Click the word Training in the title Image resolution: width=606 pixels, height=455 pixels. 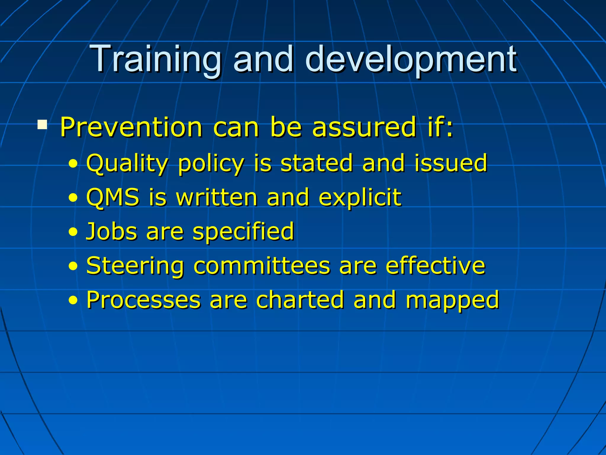tap(156, 59)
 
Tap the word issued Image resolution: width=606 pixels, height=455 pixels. tap(450, 163)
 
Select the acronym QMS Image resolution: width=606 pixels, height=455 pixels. tap(113, 197)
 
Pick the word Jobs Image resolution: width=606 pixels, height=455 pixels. tap(112, 231)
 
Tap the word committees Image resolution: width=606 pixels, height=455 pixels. tap(262, 266)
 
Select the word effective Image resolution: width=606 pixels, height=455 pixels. tap(435, 266)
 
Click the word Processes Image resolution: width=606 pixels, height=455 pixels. tap(143, 300)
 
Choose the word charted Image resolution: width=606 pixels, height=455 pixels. tap(300, 300)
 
